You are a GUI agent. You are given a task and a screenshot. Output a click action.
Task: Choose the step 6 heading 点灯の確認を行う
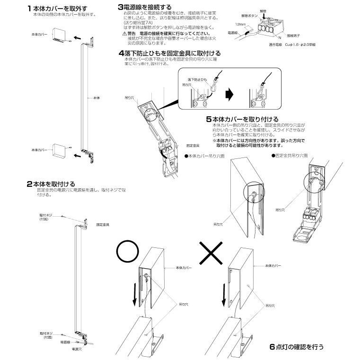point(297,346)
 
